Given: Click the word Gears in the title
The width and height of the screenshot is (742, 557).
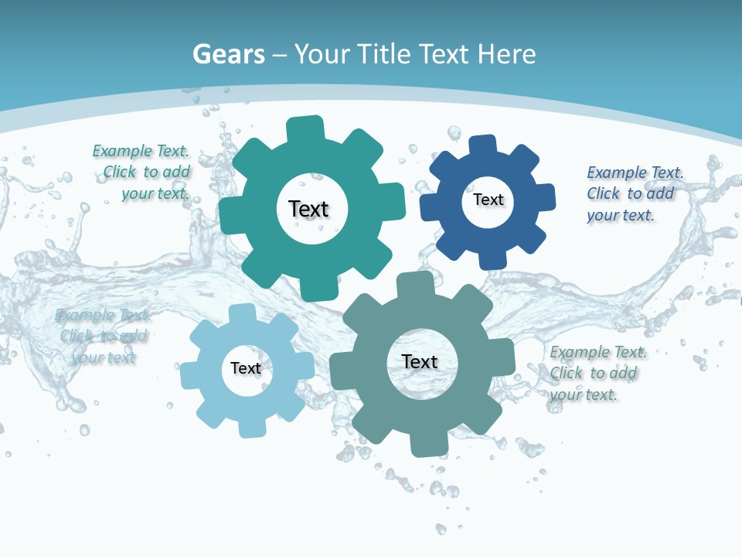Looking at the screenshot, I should tap(228, 54).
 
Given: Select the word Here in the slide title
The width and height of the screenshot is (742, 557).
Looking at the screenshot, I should tap(506, 54).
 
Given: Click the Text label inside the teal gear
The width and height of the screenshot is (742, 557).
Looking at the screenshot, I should tap(308, 209).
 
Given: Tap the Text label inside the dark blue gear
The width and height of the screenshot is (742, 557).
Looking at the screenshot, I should tap(488, 200).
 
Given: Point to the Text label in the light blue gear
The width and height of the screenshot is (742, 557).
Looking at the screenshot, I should tap(246, 368).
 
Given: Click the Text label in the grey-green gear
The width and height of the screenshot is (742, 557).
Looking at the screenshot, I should tap(420, 361).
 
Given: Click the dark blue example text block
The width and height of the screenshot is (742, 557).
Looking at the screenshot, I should tap(634, 193).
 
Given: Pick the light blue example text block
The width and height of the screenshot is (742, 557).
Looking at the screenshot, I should tap(103, 336).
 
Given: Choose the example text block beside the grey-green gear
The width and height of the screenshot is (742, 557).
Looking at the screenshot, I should tap(597, 373).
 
